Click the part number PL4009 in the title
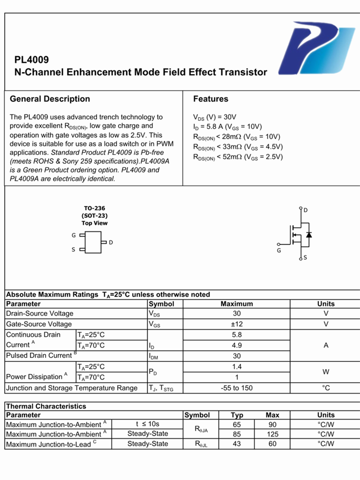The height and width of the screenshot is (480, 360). tap(32, 60)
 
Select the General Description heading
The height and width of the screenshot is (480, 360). tap(50, 99)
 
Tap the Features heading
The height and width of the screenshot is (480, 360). tap(211, 99)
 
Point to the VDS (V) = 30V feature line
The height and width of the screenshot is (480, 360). tap(215, 117)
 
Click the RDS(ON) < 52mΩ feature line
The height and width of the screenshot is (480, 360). tap(238, 157)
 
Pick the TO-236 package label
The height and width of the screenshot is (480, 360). tap(94, 209)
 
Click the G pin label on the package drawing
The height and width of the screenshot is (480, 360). tap(73, 236)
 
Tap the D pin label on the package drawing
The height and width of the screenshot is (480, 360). tap(111, 242)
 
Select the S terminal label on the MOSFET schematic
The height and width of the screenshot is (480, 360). tap(305, 258)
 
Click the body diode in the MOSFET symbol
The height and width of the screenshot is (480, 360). tap(309, 235)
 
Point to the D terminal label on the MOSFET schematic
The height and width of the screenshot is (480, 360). tap(306, 210)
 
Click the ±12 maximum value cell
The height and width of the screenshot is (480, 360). tap(237, 324)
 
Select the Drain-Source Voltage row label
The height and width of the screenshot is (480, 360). tap(40, 313)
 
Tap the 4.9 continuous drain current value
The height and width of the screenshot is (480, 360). tap(237, 345)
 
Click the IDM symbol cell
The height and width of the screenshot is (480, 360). tap(155, 356)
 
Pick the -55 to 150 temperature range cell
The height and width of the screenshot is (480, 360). tap(237, 388)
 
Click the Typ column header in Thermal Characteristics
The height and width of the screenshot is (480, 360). tap(237, 415)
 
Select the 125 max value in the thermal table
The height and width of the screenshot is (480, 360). tap(272, 434)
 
